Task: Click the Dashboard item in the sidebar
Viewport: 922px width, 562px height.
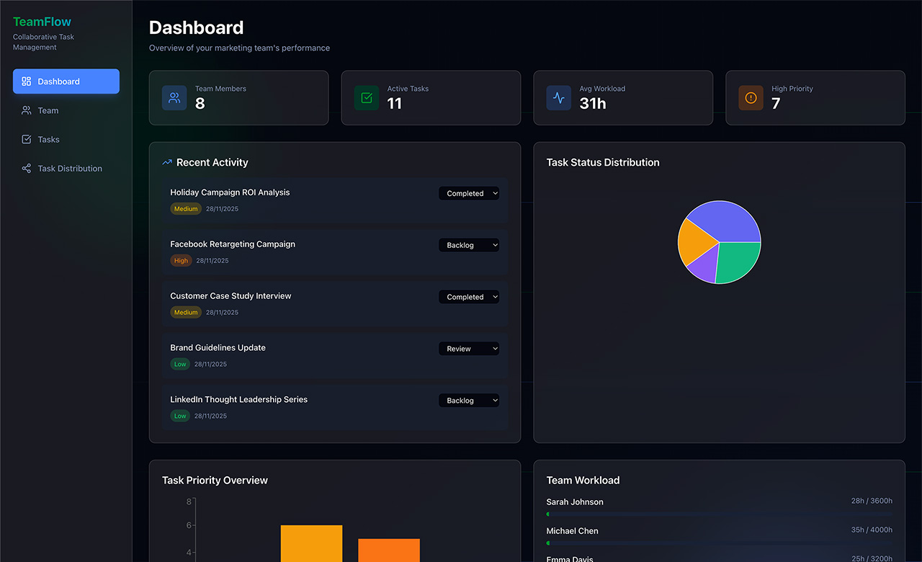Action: point(66,81)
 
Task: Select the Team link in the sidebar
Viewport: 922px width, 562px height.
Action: point(48,110)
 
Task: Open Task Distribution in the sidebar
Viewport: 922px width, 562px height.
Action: point(69,169)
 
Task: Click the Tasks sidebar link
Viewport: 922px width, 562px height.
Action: point(48,140)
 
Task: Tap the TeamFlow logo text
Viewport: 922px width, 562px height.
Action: point(42,22)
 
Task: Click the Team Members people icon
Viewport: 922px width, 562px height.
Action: point(174,98)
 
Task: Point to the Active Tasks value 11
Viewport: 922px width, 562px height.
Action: point(394,104)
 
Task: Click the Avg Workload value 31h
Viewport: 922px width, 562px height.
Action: point(592,104)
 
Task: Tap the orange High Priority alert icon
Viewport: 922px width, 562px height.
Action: point(751,98)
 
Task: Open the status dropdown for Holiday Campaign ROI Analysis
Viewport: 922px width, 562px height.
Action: point(468,193)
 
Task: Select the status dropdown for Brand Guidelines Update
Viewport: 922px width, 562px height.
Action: point(468,349)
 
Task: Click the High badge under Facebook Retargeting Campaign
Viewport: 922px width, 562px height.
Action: point(181,261)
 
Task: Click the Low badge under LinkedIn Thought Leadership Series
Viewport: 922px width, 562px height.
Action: point(180,416)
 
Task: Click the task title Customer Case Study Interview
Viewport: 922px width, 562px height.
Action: point(230,296)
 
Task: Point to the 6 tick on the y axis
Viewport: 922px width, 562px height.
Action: point(189,525)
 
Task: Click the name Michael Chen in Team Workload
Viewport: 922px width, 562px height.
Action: point(572,531)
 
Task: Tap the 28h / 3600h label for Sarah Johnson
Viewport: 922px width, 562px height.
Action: point(871,501)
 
